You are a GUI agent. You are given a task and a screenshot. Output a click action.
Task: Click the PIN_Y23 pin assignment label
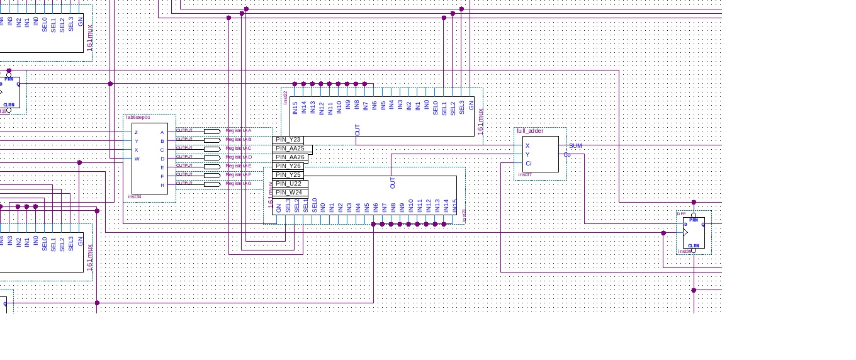tap(288, 140)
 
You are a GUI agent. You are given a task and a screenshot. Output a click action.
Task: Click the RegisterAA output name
tap(239, 131)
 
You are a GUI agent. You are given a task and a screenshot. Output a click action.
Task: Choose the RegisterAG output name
tap(239, 184)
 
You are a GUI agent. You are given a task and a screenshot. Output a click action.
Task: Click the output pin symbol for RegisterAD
tap(212, 157)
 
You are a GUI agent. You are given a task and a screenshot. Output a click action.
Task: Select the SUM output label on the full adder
tap(575, 146)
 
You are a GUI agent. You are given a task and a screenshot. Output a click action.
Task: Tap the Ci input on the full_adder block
tap(528, 164)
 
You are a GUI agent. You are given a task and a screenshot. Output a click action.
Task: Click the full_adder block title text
tap(530, 131)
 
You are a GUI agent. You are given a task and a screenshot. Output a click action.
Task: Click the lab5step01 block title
tap(138, 118)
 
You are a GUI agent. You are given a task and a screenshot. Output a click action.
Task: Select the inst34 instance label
tap(134, 196)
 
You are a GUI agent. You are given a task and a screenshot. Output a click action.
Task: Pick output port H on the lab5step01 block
tap(162, 185)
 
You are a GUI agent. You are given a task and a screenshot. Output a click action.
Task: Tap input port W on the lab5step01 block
tap(137, 159)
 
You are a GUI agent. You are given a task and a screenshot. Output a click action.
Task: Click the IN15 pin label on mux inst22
tap(295, 108)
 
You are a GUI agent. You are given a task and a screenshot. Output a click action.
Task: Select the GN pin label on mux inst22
tap(471, 106)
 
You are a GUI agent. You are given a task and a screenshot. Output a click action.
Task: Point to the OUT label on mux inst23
tap(393, 183)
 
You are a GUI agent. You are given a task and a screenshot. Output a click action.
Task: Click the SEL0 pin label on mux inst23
tap(314, 205)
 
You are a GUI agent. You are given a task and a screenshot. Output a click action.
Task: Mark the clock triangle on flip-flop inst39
tap(686, 233)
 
